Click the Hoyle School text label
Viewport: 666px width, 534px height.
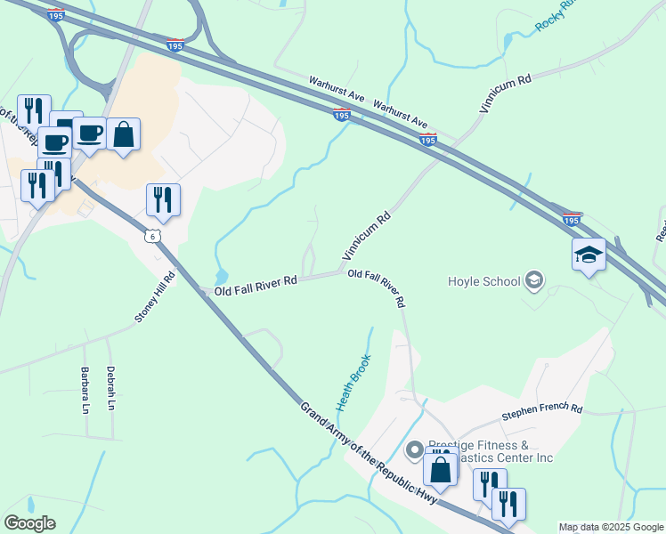click(483, 282)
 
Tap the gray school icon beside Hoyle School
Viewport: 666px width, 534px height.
click(534, 281)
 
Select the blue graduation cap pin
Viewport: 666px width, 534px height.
click(589, 255)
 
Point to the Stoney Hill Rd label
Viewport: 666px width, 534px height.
click(155, 298)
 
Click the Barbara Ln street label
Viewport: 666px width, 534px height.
click(85, 386)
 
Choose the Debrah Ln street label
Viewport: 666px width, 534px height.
click(111, 386)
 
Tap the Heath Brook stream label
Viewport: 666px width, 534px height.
click(353, 382)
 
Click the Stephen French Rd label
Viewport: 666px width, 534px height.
click(541, 410)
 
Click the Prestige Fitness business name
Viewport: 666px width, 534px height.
click(491, 451)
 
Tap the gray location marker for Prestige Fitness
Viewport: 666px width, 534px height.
click(413, 451)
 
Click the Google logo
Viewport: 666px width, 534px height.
click(28, 523)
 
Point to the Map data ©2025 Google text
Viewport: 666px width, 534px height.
click(611, 527)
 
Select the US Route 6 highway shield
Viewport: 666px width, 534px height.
click(154, 235)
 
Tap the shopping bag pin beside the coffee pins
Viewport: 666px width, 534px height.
click(124, 136)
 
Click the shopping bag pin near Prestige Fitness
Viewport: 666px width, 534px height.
click(441, 470)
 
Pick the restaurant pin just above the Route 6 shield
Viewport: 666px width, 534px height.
click(163, 200)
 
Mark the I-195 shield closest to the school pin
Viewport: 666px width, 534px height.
click(572, 217)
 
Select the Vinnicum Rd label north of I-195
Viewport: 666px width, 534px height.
click(505, 93)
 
